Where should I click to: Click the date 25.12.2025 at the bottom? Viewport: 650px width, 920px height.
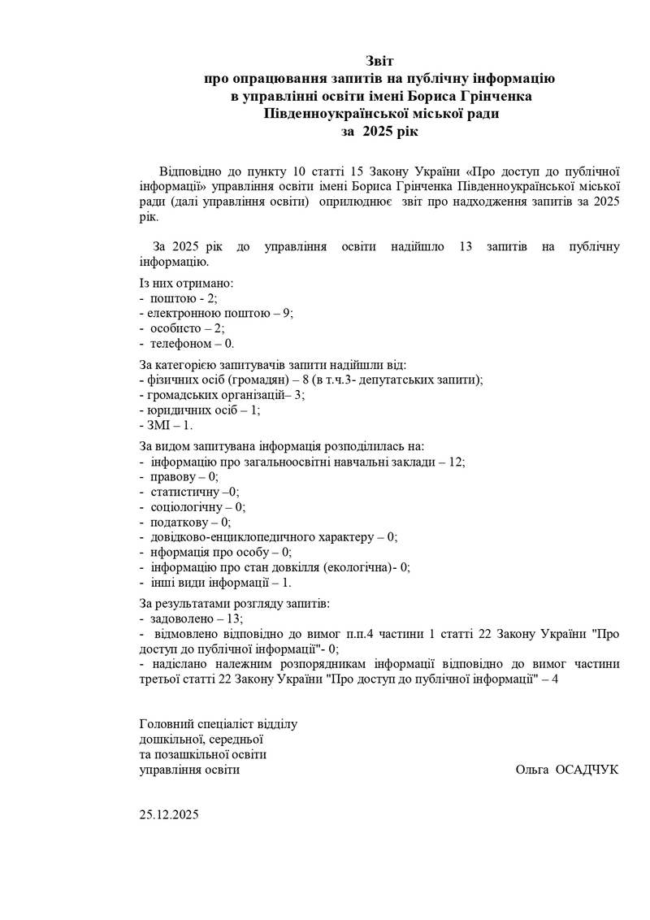point(169,814)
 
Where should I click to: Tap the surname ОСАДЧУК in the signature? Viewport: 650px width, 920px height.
point(586,769)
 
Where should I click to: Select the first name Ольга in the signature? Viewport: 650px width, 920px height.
point(532,769)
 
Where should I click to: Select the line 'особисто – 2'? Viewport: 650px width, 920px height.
point(182,328)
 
